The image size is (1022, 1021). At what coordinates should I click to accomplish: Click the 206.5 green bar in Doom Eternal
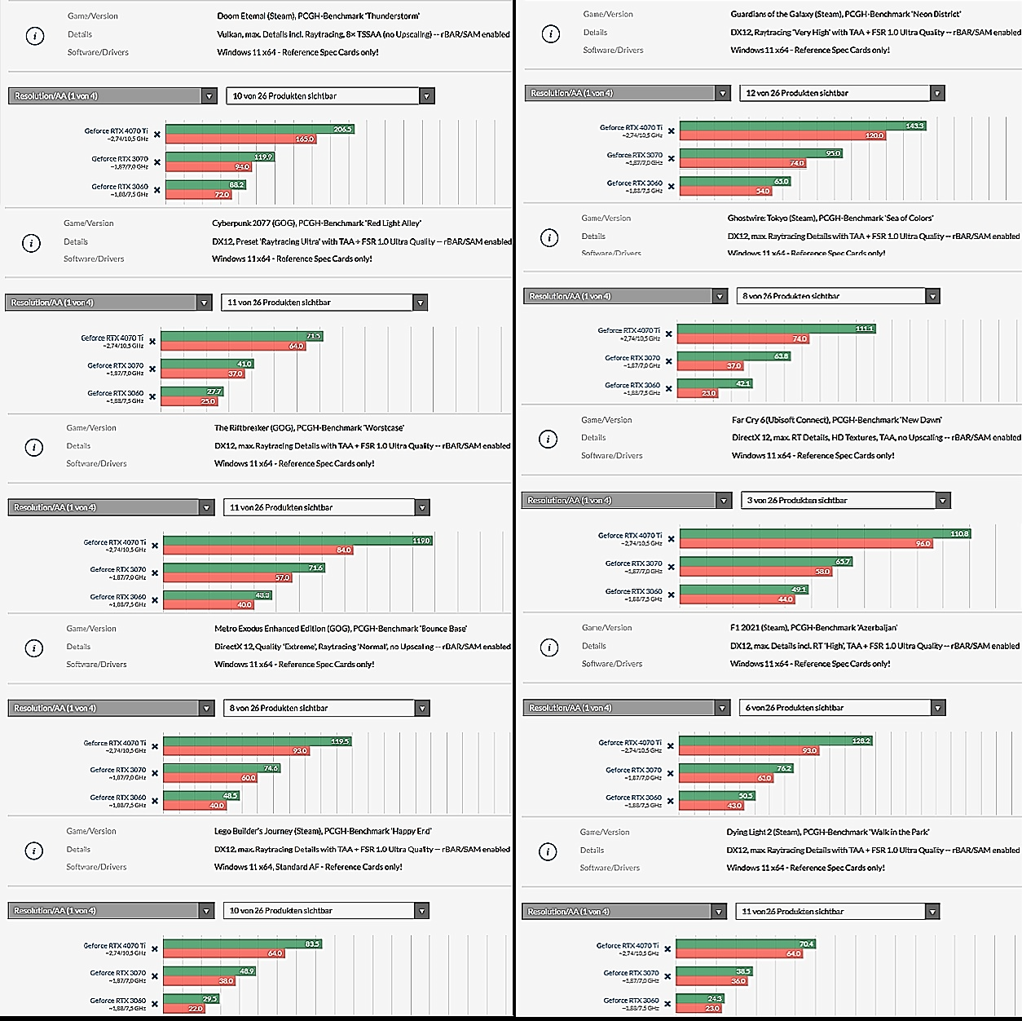point(259,129)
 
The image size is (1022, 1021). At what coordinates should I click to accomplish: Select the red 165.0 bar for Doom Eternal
point(240,139)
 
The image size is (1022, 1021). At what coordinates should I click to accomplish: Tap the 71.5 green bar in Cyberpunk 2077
point(241,336)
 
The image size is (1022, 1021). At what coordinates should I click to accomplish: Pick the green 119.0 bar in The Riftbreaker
point(297,541)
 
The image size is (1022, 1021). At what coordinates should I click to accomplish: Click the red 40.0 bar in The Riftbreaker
point(209,604)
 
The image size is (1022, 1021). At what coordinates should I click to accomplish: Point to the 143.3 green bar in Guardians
point(803,126)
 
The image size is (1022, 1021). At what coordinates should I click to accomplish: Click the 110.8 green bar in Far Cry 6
point(825,534)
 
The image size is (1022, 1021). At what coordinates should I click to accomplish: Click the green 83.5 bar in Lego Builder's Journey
point(243,944)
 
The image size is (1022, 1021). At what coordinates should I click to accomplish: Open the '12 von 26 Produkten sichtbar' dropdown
point(842,93)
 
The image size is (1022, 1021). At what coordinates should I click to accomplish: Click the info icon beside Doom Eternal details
point(35,36)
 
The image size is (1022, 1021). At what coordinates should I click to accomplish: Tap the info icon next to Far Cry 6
point(548,439)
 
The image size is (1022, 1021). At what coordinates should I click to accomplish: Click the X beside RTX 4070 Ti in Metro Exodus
point(155,747)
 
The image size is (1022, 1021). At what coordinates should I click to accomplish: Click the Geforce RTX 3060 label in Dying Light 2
point(631,1000)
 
